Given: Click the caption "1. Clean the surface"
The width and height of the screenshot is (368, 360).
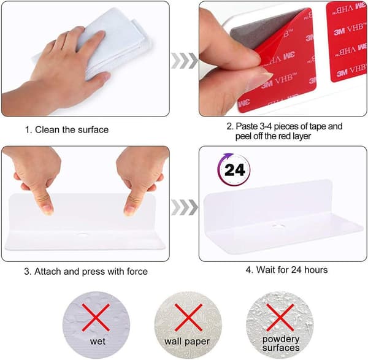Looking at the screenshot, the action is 67,129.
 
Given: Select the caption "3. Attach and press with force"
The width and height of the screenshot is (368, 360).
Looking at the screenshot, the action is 86,271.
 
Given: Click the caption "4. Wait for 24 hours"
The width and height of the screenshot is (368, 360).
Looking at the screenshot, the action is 286,270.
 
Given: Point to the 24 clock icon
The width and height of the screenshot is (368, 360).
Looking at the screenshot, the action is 234,169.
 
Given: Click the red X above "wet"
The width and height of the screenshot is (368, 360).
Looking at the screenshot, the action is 96,317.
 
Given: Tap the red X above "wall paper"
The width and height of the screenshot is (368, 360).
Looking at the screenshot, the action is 188,317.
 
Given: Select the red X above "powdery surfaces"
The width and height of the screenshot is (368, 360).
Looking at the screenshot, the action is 280,317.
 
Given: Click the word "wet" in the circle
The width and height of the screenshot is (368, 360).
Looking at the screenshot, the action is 98,341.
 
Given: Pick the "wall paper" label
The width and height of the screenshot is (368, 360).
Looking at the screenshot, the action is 187,342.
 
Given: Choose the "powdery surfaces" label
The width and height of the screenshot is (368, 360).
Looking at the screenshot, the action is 281,343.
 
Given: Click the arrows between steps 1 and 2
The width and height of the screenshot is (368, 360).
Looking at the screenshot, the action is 185,61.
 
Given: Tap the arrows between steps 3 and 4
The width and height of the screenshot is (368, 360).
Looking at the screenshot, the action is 185,207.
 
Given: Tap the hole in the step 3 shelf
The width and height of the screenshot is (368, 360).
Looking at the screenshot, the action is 82,234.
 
